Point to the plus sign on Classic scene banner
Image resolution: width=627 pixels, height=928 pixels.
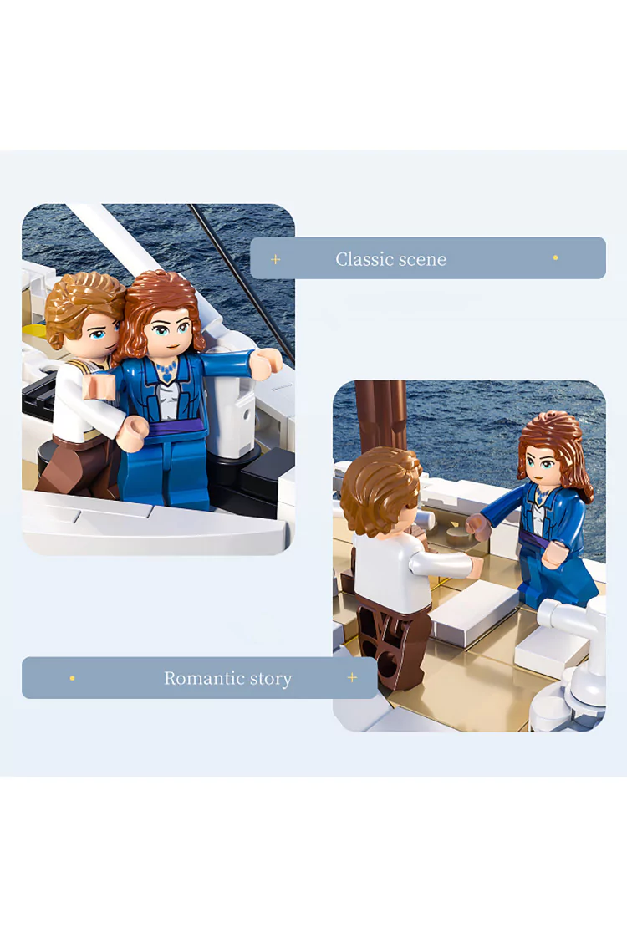(x=275, y=259)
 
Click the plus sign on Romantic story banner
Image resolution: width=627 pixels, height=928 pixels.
(x=352, y=677)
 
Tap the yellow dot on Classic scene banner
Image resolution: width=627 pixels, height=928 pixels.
(x=555, y=257)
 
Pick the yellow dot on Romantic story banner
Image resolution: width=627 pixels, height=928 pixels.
(x=72, y=678)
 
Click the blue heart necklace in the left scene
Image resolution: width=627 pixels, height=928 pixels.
(x=166, y=372)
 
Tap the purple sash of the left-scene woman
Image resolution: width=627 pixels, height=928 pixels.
(x=176, y=427)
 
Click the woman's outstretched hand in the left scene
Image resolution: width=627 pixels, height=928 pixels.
(x=267, y=360)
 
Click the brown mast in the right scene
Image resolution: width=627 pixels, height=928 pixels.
(x=380, y=416)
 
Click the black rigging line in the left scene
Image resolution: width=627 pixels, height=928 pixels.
(x=242, y=284)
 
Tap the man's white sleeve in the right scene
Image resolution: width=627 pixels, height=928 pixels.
(x=443, y=564)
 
